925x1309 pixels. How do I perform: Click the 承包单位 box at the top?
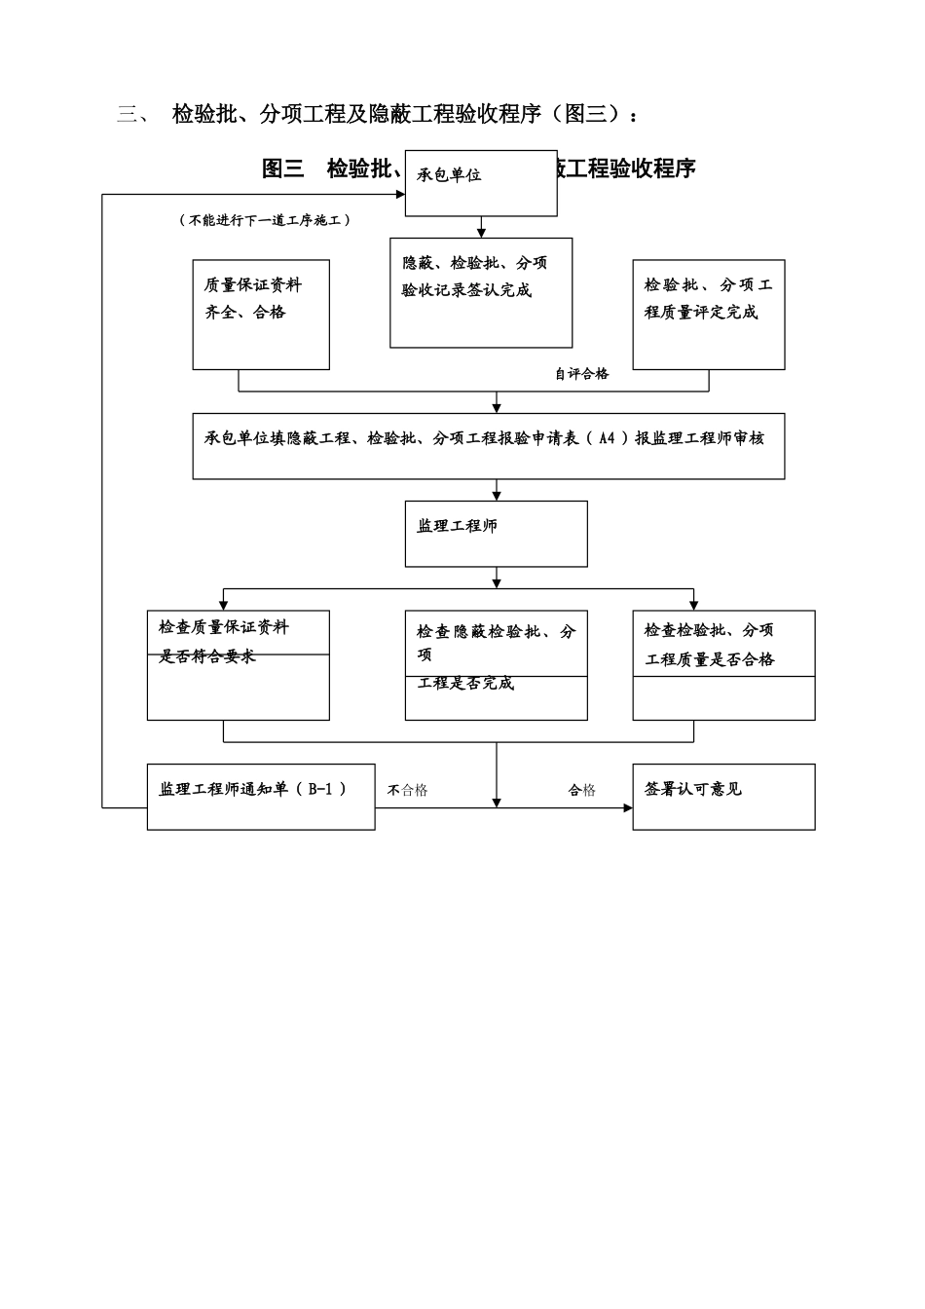(x=481, y=183)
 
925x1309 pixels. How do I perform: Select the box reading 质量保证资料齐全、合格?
(x=261, y=314)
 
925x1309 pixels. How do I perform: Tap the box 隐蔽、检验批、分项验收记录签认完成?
(x=481, y=292)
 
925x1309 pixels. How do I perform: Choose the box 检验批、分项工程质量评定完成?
(x=709, y=314)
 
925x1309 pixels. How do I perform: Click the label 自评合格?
(x=581, y=374)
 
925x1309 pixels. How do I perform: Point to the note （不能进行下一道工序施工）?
(x=265, y=221)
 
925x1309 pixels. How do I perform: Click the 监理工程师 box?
(x=497, y=533)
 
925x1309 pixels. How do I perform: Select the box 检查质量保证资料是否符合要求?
(x=239, y=665)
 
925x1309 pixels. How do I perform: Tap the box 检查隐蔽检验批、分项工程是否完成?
(x=497, y=665)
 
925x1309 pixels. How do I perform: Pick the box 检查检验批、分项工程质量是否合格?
(x=723, y=665)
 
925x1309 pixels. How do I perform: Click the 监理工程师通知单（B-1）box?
(x=261, y=796)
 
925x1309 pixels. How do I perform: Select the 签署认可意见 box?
(x=723, y=796)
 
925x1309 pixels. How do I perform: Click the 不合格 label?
(x=407, y=791)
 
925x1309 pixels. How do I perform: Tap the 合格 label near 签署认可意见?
(x=582, y=791)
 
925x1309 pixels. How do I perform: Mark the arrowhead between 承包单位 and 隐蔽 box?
(x=481, y=232)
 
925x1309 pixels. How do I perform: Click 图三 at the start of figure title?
(x=283, y=168)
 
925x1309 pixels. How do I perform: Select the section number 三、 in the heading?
(x=132, y=115)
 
